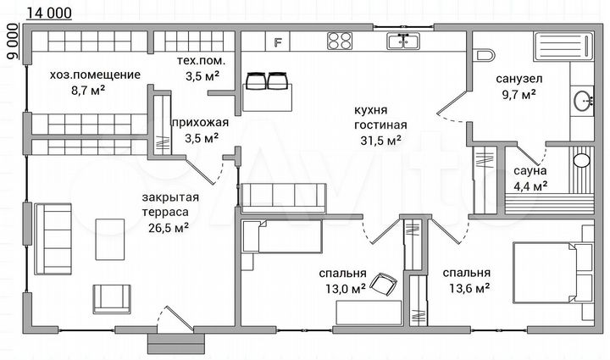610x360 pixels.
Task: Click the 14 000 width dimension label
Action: tap(49, 12)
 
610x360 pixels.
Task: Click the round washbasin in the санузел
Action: tap(584, 102)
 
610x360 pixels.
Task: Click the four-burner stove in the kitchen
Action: tap(340, 41)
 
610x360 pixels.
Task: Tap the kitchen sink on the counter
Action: tap(402, 41)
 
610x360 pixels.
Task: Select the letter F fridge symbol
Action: tap(277, 41)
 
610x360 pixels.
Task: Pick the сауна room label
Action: tap(530, 169)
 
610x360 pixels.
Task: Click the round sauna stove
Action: tap(581, 159)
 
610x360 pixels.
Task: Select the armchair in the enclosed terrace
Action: tap(112, 298)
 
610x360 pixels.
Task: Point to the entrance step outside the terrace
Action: tap(175, 343)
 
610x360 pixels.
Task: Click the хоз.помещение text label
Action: tap(95, 75)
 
